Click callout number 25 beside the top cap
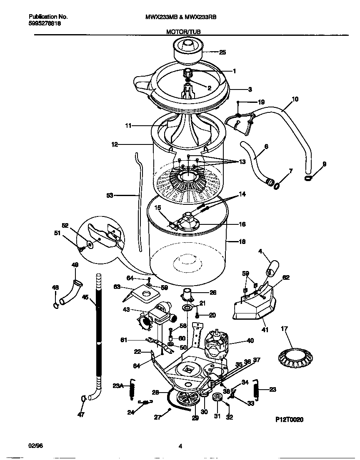[222, 52]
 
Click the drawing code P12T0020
[289, 420]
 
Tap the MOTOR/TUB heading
[180, 31]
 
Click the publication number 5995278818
[45, 24]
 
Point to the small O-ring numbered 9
[308, 178]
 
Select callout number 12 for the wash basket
[115, 144]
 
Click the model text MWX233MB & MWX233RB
[180, 17]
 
